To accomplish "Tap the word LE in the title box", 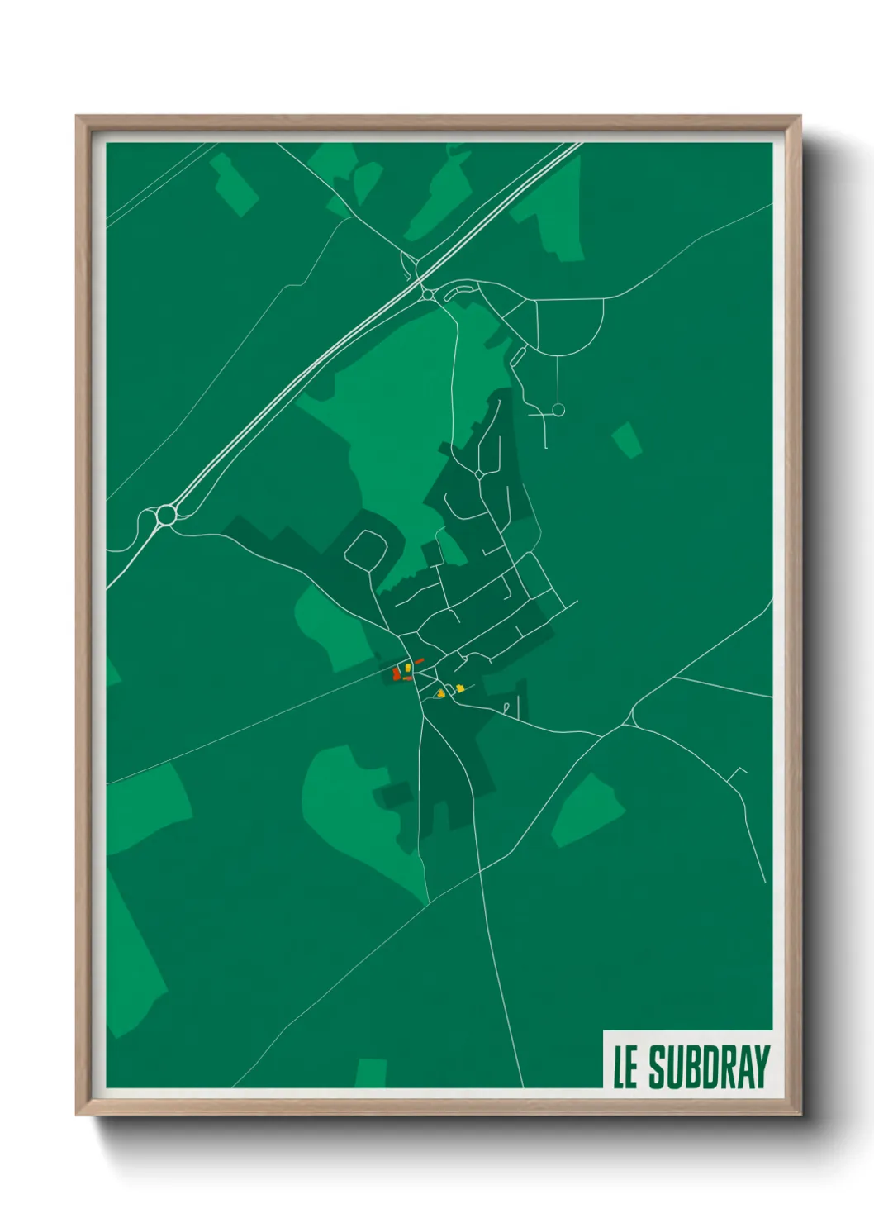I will (x=625, y=1068).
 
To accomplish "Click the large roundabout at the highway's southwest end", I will (x=166, y=515).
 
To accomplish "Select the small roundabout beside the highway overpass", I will (x=428, y=293).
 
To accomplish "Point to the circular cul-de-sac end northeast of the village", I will (x=558, y=409).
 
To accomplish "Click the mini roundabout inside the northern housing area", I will (x=480, y=474).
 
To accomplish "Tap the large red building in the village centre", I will (x=397, y=673).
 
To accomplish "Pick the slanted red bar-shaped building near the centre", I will (x=418, y=661).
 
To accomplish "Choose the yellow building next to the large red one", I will (x=408, y=668).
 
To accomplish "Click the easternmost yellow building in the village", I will (x=459, y=688).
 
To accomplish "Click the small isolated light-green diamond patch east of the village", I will (x=627, y=439).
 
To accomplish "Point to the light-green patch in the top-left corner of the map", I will (x=235, y=185).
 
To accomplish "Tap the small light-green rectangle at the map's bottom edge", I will (x=371, y=1073).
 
